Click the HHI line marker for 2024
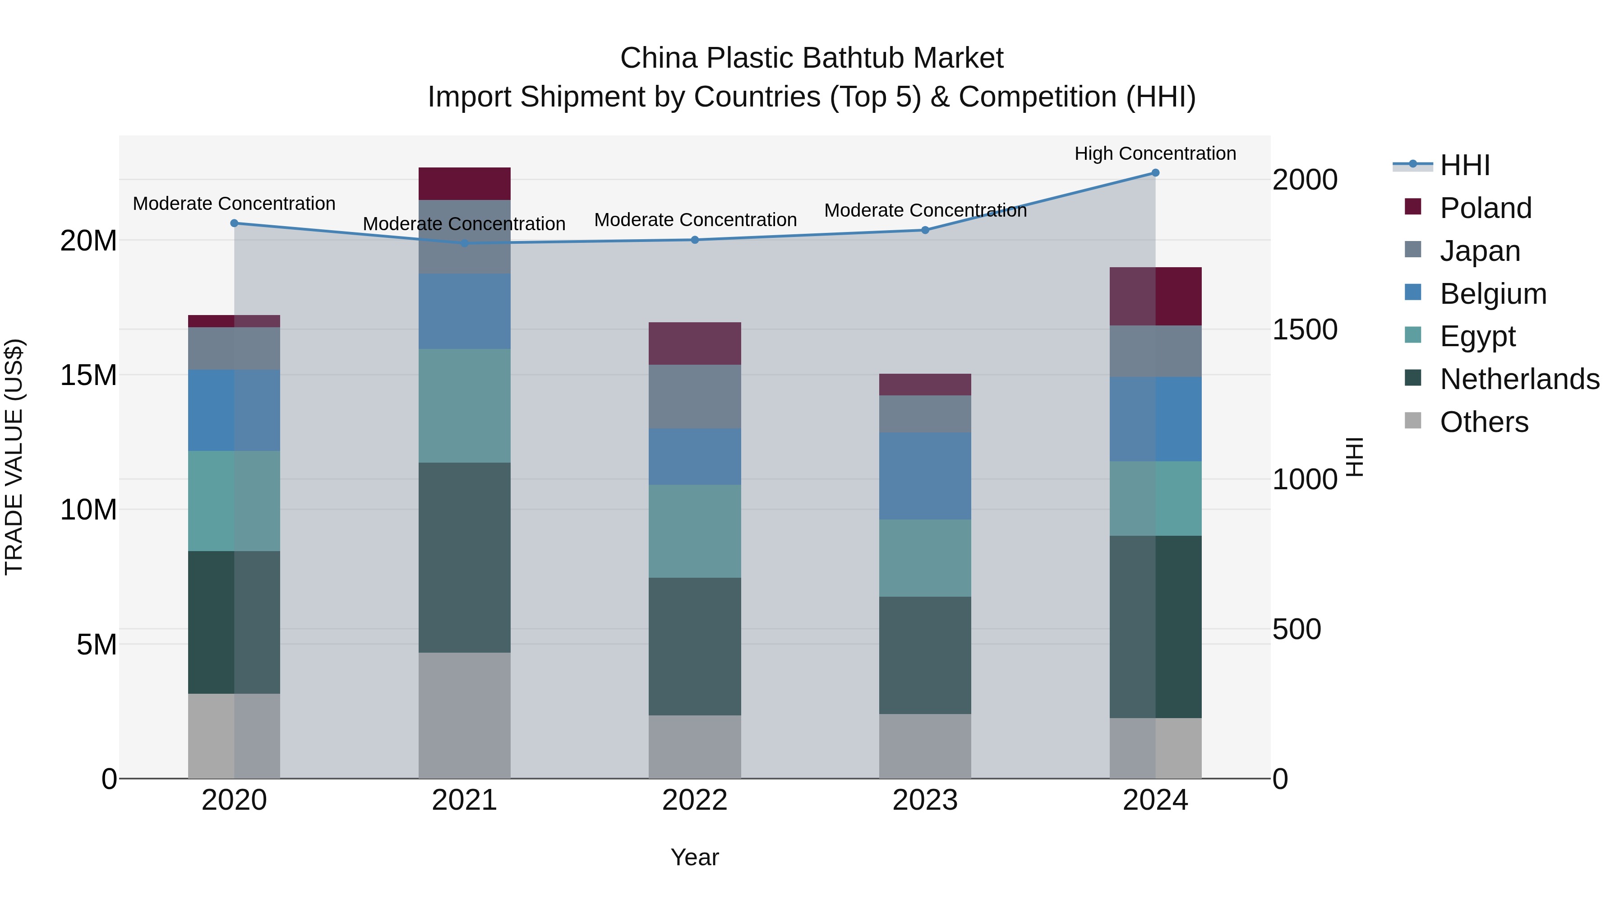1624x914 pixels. tap(1155, 173)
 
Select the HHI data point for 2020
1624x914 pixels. tap(234, 223)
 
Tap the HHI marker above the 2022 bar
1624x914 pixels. tap(695, 240)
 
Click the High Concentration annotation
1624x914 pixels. tap(1155, 153)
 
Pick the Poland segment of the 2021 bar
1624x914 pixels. tap(464, 184)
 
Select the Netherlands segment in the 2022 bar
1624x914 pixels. tap(695, 646)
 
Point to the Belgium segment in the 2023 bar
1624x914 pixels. tap(925, 476)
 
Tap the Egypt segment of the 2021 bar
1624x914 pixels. tap(464, 406)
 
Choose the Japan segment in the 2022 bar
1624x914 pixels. tap(695, 397)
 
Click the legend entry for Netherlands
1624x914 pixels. tap(1519, 379)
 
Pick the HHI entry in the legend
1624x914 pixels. tap(1464, 165)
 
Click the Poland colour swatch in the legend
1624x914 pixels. tap(1413, 207)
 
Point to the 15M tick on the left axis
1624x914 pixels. tap(88, 376)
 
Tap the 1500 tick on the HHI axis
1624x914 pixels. tap(1304, 329)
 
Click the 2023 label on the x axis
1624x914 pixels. tap(925, 800)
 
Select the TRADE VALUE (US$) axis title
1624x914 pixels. tap(14, 457)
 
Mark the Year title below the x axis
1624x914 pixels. tap(695, 857)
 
